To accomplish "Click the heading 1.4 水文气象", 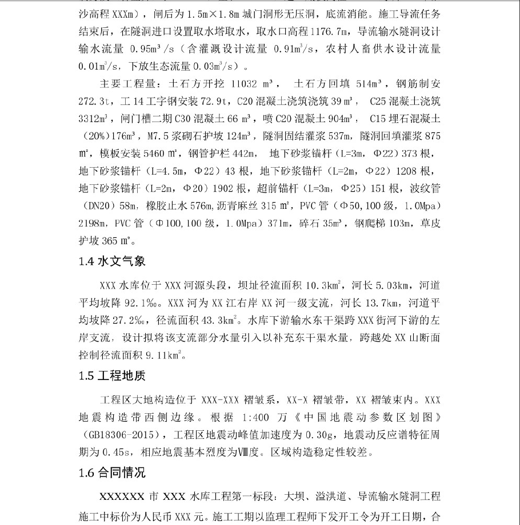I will pos(112,261).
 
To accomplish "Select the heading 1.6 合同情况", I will pos(112,472).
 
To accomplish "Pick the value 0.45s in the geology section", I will pos(121,454).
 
